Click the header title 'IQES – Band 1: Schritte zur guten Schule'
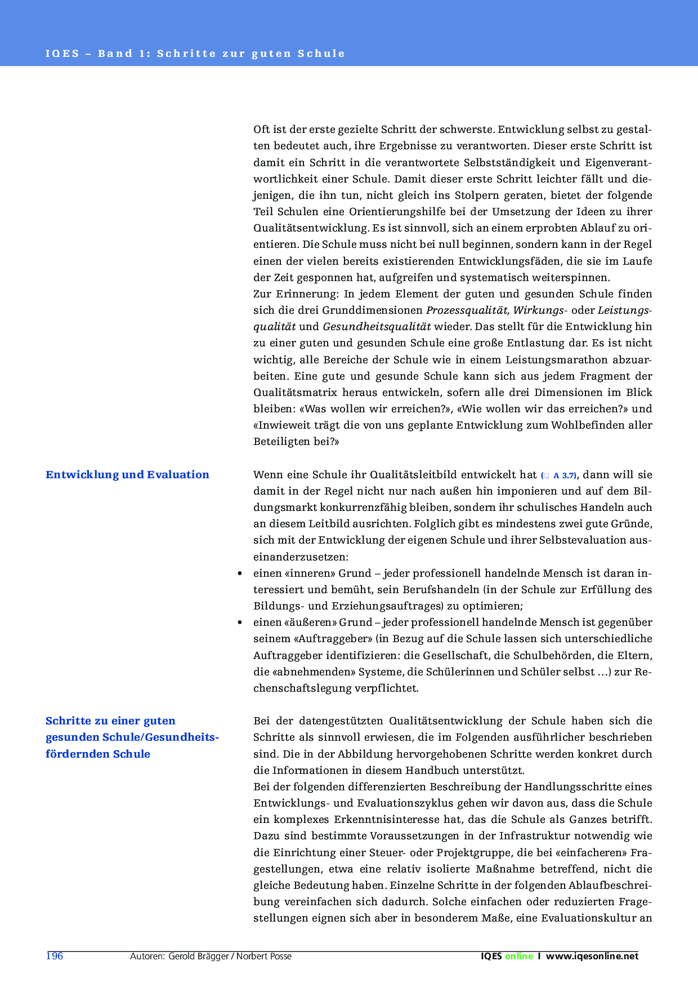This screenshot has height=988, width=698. pos(195,54)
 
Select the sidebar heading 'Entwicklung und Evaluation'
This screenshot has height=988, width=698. pos(127,475)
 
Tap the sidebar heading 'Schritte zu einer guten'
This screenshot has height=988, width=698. pos(110,721)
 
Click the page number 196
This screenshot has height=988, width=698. pos(55,956)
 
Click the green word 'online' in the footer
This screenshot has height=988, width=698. pos(518,956)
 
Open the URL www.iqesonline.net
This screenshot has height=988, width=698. pos(592,956)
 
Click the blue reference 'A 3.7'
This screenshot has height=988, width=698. pos(564,475)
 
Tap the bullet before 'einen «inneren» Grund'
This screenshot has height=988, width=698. pos(240,573)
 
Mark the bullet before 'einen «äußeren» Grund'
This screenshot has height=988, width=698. pos(240,622)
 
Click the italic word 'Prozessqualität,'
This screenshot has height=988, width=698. pos(468,310)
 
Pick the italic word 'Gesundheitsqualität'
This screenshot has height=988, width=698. pos(377,327)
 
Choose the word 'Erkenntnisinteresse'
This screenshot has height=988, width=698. pos(390,820)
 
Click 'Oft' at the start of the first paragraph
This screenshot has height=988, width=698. pos(261,130)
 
